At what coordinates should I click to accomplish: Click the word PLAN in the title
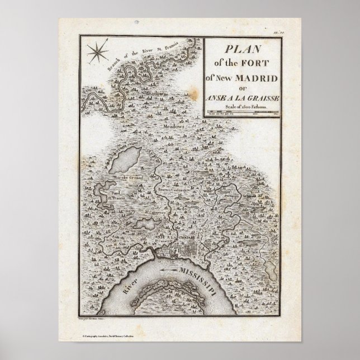click(x=242, y=50)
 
